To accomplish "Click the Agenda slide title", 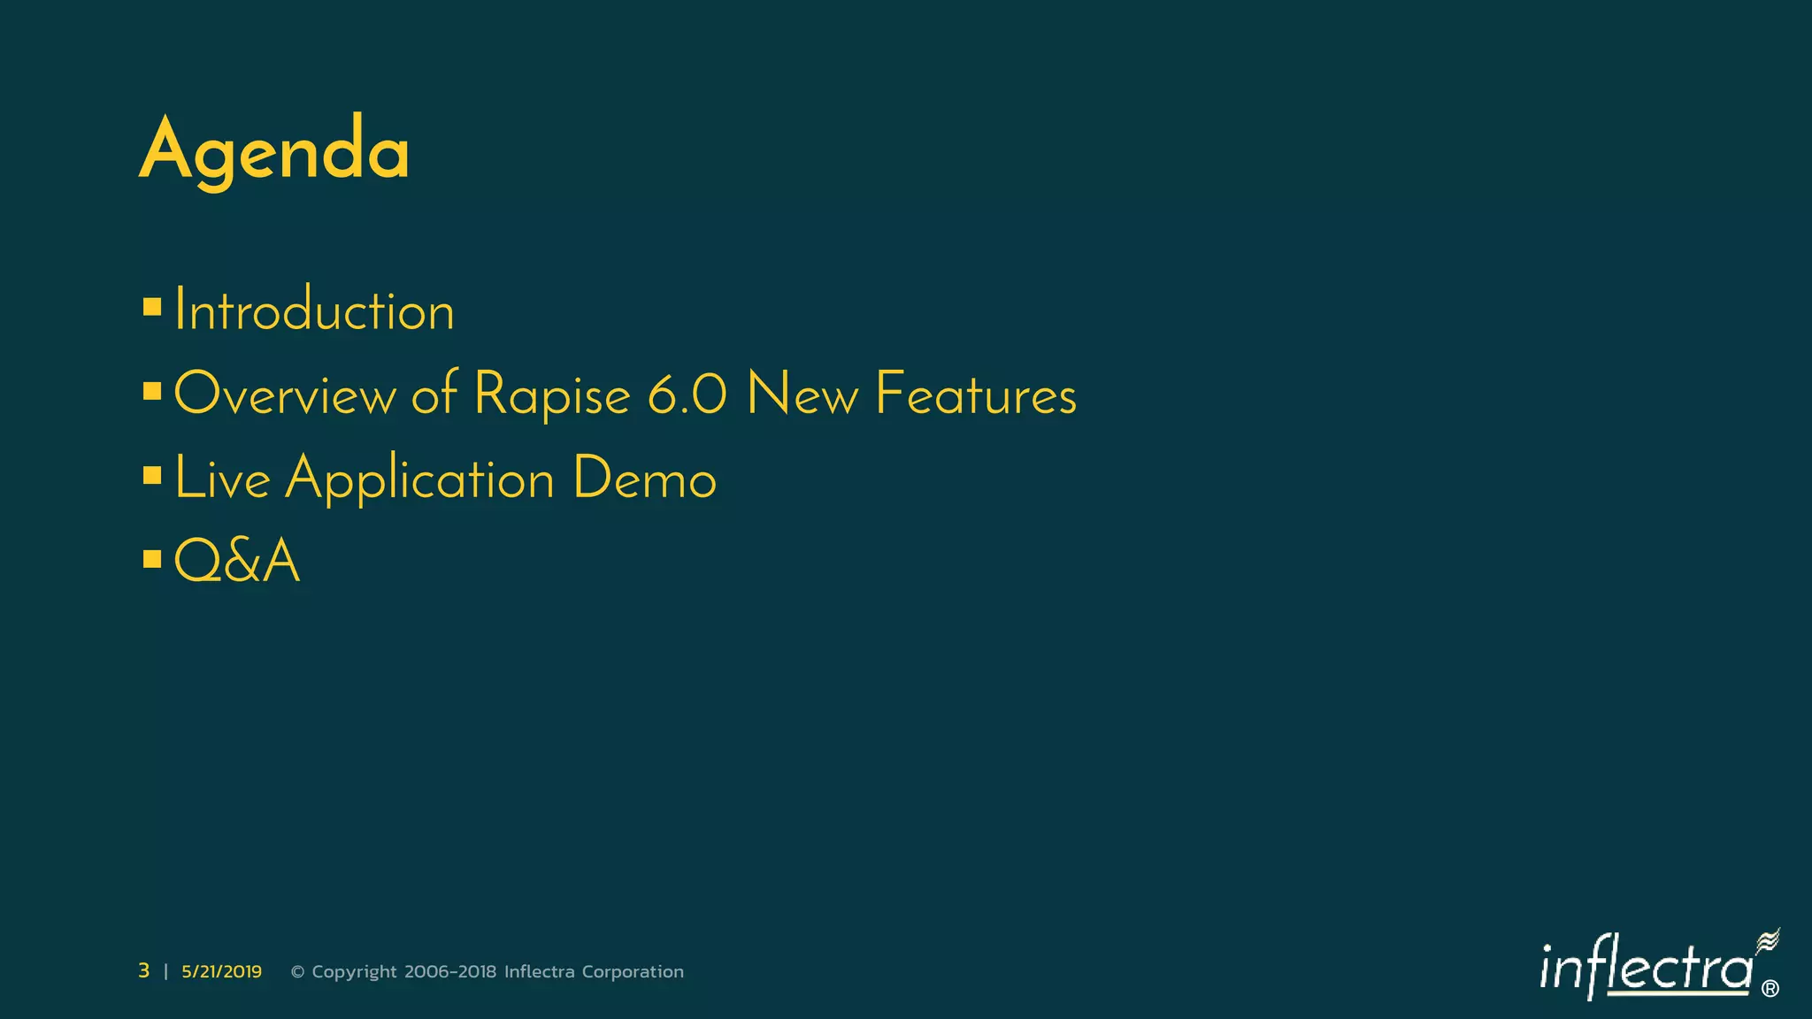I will coord(274,150).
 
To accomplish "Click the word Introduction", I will coord(314,311).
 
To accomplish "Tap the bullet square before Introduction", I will coord(152,308).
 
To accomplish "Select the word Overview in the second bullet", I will coord(285,395).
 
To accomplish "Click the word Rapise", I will coord(552,395).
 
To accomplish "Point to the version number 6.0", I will coord(687,395).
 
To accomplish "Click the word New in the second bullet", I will coord(802,395).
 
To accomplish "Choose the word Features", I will coord(976,395).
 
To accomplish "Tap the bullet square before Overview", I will coord(152,391).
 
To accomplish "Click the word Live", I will coord(222,479).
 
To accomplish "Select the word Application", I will coord(419,479).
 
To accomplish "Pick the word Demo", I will coord(644,479).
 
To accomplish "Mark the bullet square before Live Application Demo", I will coord(152,475).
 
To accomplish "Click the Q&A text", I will coord(237,561).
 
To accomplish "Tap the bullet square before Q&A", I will coord(152,558).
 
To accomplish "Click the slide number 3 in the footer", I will coord(143,971).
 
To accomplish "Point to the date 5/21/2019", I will coord(221,971).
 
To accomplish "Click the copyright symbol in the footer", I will coord(298,972).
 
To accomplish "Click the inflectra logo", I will coord(1655,968).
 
